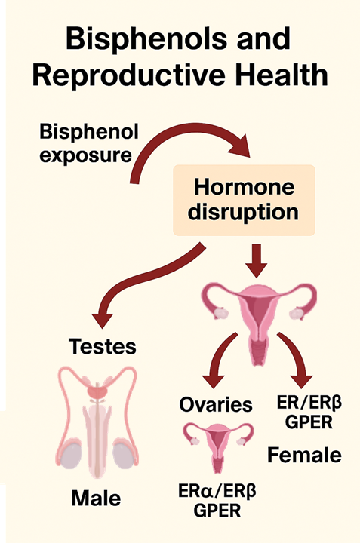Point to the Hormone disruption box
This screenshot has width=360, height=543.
point(245,198)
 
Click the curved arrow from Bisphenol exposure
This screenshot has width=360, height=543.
point(189,146)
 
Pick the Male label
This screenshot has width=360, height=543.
point(96,499)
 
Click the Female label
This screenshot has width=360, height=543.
point(306,455)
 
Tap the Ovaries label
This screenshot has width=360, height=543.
point(216,405)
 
